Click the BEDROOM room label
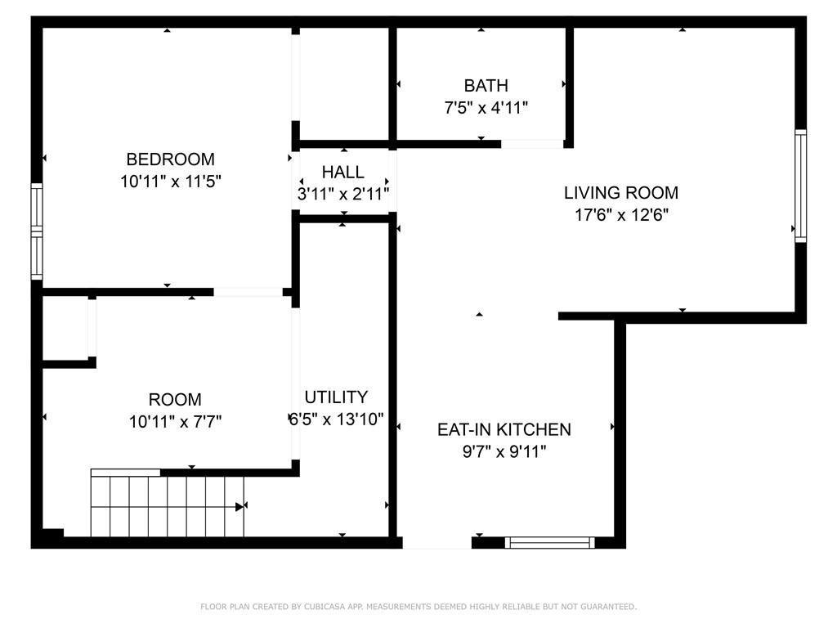(x=170, y=159)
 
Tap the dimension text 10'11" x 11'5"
(x=170, y=182)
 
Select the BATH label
(x=486, y=85)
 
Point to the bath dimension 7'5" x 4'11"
(x=486, y=108)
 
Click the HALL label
(x=342, y=172)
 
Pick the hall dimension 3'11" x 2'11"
(x=342, y=194)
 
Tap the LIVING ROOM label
(x=621, y=193)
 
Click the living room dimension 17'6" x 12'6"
(x=621, y=215)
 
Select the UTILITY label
(x=336, y=397)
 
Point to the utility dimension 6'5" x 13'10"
(x=336, y=419)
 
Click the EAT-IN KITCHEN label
(x=504, y=430)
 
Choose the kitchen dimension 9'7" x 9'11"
(x=504, y=452)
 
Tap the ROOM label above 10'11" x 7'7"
(x=175, y=399)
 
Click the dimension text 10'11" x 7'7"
(x=175, y=422)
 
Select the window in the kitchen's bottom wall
(x=549, y=543)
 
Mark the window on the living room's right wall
(x=801, y=186)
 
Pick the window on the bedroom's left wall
(x=36, y=231)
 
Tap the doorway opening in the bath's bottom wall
(x=532, y=144)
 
